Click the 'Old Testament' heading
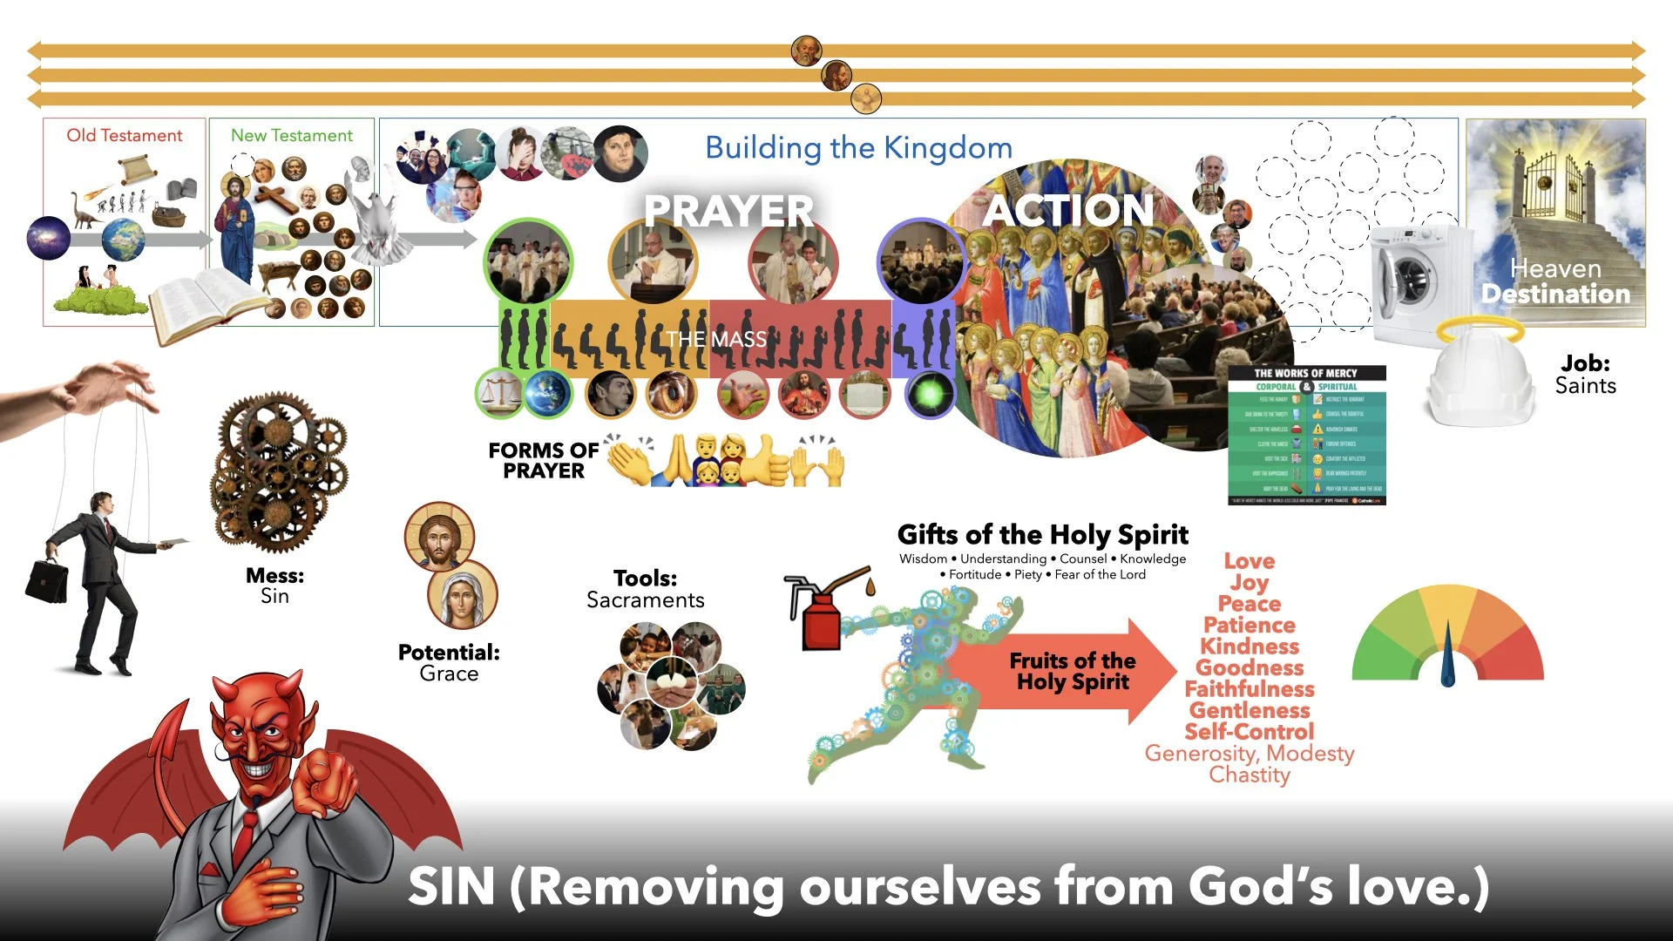pyautogui.click(x=125, y=136)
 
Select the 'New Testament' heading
pyautogui.click(x=291, y=136)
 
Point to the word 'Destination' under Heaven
pyautogui.click(x=1555, y=294)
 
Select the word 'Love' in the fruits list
pyautogui.click(x=1249, y=561)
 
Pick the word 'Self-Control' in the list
pyautogui.click(x=1249, y=732)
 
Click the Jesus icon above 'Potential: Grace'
pyautogui.click(x=439, y=537)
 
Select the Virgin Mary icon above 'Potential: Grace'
pyautogui.click(x=462, y=595)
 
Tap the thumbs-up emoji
pyautogui.click(x=768, y=459)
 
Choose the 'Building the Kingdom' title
pyautogui.click(x=858, y=148)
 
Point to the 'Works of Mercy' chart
pyautogui.click(x=1306, y=436)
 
